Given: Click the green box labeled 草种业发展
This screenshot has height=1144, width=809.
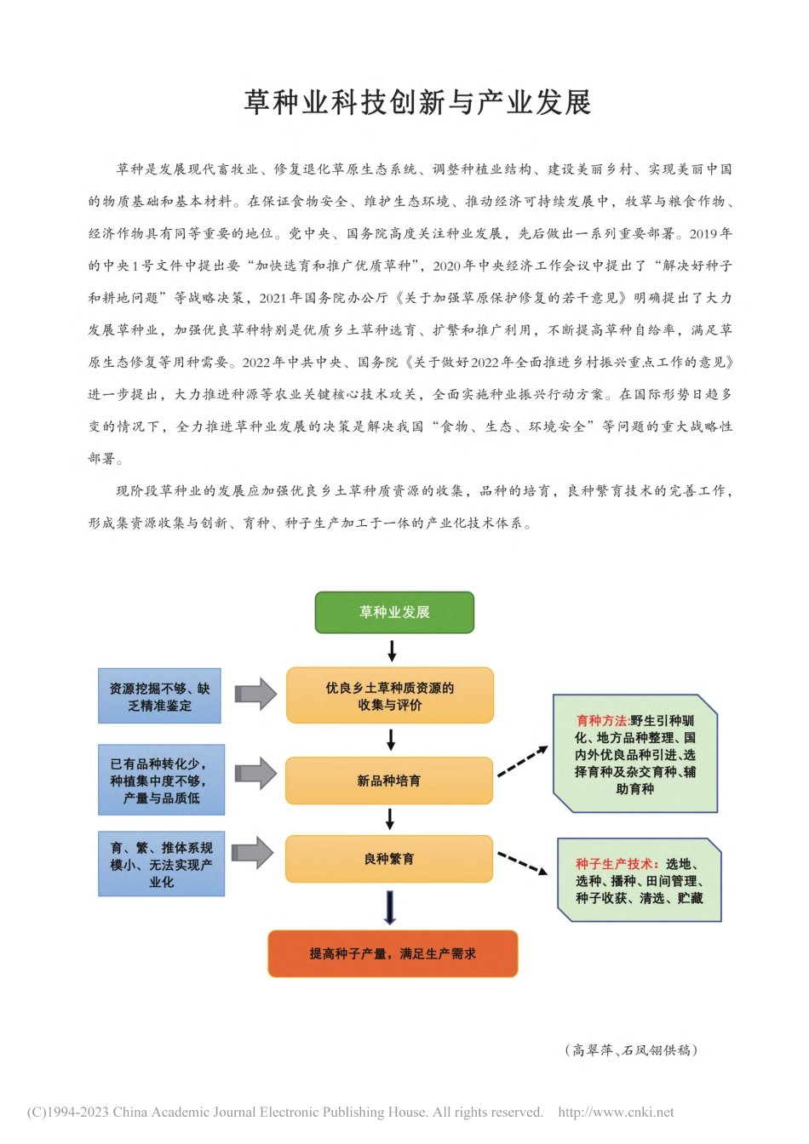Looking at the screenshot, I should click(394, 612).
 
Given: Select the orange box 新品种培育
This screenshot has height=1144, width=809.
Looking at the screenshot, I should click(389, 781).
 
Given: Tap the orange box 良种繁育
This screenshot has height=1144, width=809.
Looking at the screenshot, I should click(389, 859).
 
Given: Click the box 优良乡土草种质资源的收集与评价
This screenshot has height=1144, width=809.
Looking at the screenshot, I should click(389, 696).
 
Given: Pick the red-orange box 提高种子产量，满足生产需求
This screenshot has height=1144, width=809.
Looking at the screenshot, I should click(393, 953).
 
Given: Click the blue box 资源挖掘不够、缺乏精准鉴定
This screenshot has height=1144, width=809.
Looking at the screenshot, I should click(159, 696).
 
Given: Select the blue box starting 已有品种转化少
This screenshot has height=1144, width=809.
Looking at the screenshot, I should click(161, 781).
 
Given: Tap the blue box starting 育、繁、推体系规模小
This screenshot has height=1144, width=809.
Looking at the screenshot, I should click(161, 864).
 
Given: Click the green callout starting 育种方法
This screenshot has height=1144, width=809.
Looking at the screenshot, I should click(635, 754).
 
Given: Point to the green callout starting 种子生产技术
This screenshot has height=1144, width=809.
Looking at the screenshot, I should click(639, 880).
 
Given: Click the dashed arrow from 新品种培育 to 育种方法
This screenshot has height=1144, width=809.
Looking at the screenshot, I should click(522, 761).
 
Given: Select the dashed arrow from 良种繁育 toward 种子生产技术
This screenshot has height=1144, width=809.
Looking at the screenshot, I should click(522, 863).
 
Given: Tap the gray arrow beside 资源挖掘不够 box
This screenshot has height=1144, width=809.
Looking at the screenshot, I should click(255, 694).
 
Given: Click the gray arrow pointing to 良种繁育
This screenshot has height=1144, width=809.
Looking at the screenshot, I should click(253, 852).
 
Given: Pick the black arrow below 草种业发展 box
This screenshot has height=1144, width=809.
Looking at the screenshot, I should click(392, 651).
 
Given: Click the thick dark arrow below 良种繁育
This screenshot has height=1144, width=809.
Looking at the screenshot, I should click(390, 907).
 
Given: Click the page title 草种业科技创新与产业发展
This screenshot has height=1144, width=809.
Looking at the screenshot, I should click(417, 103).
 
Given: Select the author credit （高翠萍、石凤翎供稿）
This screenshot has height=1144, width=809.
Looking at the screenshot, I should click(631, 1050).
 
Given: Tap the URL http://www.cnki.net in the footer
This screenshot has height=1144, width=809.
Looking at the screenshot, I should click(616, 1113).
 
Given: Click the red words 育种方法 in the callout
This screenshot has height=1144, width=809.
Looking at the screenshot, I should click(601, 720).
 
